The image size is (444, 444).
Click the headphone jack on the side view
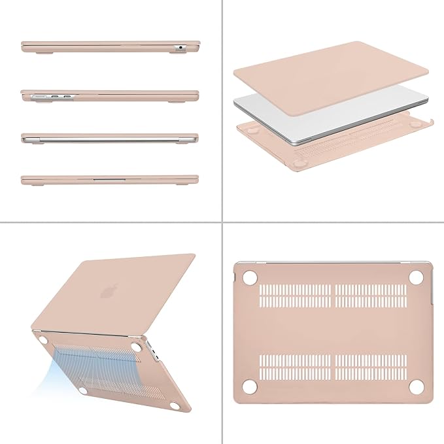[x=180, y=47]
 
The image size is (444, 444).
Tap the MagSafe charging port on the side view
[x=35, y=96]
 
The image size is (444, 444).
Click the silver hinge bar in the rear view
[x=109, y=139]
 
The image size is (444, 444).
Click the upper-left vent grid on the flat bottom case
[x=294, y=296]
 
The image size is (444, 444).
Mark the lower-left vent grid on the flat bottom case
[x=294, y=368]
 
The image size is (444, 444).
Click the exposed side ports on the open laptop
[x=154, y=354]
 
